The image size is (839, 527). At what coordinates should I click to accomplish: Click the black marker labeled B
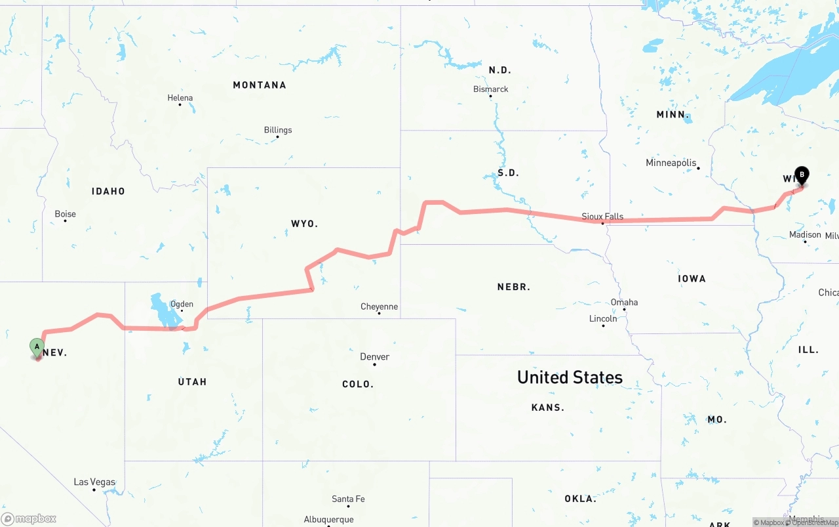click(801, 175)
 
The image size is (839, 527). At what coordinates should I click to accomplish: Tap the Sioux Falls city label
click(602, 217)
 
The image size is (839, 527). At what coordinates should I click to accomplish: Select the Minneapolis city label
click(671, 163)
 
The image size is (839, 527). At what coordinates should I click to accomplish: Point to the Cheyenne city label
click(379, 306)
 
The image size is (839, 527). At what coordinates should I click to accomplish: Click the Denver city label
click(374, 357)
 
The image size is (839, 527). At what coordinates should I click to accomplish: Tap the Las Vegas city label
click(94, 482)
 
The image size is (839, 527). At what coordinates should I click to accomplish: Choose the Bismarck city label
click(490, 89)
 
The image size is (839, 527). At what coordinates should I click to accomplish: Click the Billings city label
click(278, 130)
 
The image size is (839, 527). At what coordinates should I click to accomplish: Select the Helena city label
click(180, 98)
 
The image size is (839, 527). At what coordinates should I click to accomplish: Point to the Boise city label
click(66, 214)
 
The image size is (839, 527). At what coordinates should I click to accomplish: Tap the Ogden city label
click(182, 304)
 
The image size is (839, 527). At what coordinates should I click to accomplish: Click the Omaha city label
click(624, 303)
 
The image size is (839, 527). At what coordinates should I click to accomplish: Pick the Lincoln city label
click(603, 319)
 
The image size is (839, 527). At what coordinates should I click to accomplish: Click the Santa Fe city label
click(348, 499)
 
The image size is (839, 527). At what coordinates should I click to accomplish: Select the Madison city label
click(805, 235)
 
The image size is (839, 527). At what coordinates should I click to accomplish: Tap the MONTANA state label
click(260, 85)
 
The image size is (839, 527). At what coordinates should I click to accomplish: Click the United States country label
click(570, 377)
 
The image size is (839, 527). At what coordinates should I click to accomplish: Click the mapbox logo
click(29, 518)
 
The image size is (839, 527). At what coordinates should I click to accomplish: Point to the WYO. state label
click(304, 224)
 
